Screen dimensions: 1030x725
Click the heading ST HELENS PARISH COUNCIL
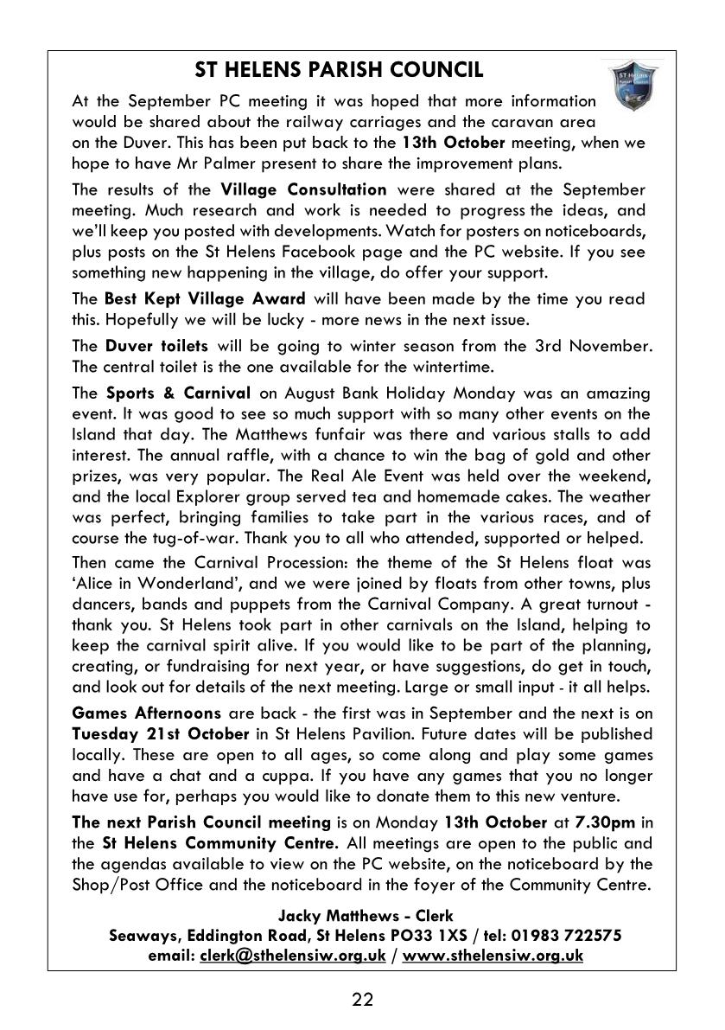coord(339,70)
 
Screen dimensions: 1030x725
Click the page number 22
coord(363,1001)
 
